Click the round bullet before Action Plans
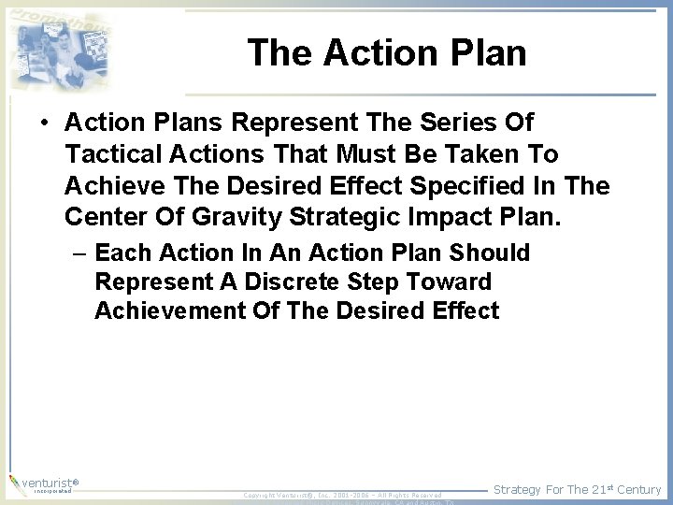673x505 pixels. click(x=45, y=123)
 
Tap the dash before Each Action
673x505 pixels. click(x=81, y=253)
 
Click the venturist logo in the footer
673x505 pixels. click(x=44, y=484)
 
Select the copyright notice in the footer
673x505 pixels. click(x=342, y=495)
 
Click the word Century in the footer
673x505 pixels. click(x=638, y=489)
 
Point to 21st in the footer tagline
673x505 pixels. click(x=600, y=489)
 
